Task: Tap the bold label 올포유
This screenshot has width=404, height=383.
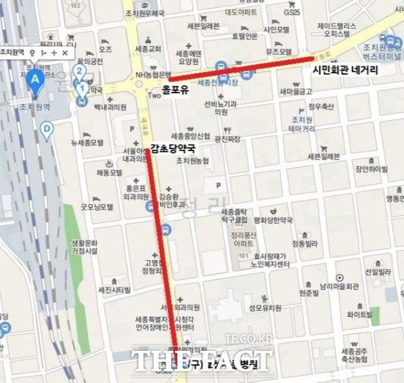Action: [x=175, y=91]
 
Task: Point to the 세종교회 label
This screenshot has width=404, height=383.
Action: [x=149, y=49]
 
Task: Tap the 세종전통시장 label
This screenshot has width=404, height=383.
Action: [x=217, y=82]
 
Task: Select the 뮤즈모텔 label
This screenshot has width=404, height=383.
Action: [x=280, y=51]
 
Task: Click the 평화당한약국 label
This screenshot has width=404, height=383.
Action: [x=273, y=220]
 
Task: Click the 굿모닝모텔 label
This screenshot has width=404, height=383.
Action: [x=97, y=207]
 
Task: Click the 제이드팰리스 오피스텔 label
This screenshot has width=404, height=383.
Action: [x=337, y=30]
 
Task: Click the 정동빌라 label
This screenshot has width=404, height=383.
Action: [x=305, y=244]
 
